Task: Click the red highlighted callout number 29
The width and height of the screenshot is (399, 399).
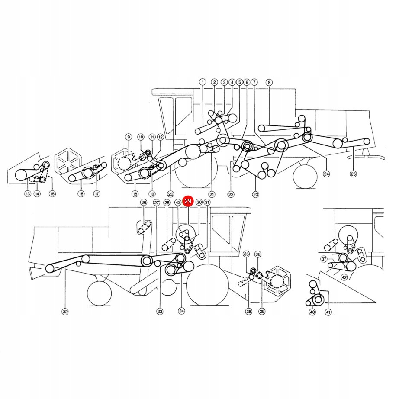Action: pos(188,201)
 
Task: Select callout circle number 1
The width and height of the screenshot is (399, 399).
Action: pos(203,82)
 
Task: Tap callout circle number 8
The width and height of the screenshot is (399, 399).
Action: pos(269,83)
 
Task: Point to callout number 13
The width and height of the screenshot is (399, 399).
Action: pos(28,193)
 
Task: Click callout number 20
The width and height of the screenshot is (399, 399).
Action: pos(171,194)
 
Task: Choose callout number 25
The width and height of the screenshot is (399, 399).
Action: pos(353,174)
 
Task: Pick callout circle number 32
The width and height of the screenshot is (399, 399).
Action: pos(65,312)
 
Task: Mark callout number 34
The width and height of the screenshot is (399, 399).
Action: pos(181,311)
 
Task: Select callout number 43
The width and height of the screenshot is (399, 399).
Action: pos(178,203)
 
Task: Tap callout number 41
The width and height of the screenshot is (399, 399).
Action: pos(328,312)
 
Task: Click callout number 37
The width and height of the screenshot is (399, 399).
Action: pos(324,259)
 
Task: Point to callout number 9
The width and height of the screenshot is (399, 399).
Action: pos(129,137)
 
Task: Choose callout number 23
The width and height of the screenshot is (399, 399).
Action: pos(255,194)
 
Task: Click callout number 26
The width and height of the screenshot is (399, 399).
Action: pos(144,202)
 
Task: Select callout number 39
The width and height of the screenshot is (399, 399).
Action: pos(262,311)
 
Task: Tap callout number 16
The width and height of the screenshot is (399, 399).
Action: pos(81,194)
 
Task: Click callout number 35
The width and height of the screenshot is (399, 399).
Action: pos(246,254)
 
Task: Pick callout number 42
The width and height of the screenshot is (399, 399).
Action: pos(344,277)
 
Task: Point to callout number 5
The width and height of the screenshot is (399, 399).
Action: pos(239,82)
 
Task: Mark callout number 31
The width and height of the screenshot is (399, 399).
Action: pos(207,202)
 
